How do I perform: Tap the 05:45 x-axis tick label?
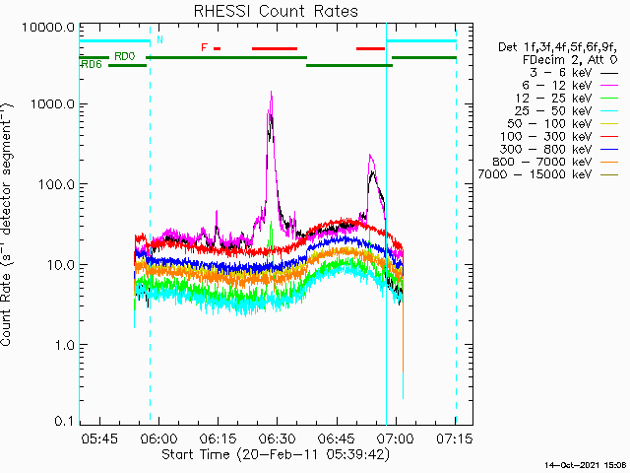100,437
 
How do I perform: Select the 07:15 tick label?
455,437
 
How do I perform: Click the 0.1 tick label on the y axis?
64,422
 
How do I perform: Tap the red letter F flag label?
204,47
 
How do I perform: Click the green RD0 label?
125,56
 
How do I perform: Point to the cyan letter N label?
159,39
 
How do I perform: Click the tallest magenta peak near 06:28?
271,94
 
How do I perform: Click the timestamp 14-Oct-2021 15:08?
585,464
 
